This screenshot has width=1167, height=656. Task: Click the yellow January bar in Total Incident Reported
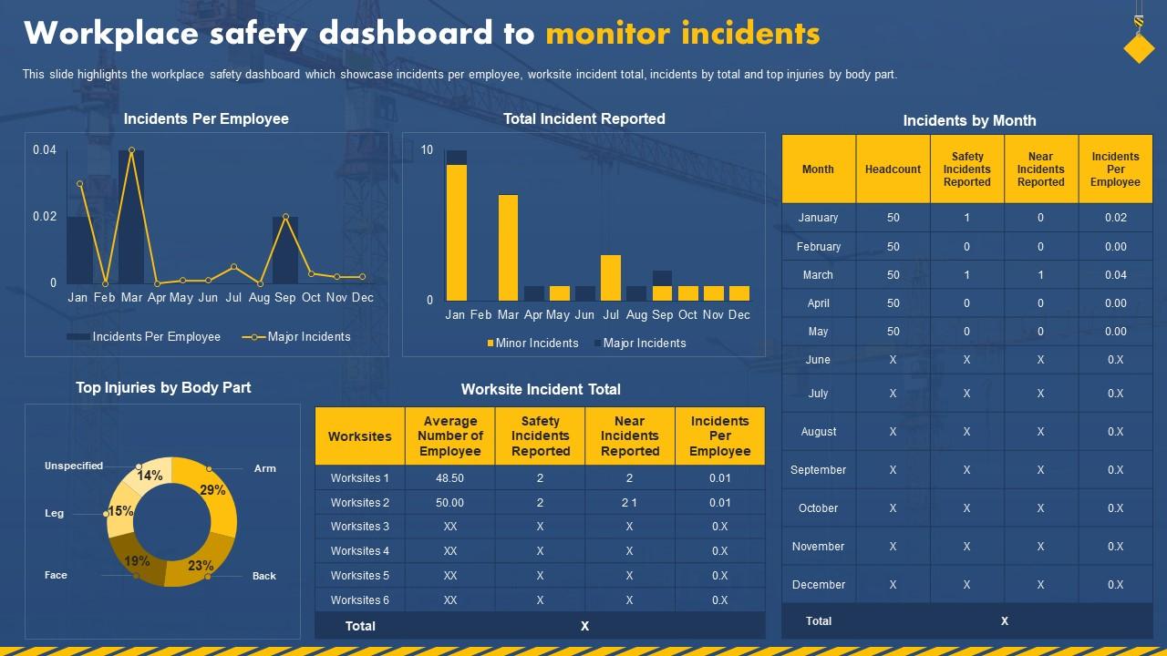click(456, 232)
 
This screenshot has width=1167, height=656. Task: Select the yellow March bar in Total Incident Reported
click(508, 248)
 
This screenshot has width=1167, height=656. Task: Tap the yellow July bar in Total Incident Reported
click(611, 278)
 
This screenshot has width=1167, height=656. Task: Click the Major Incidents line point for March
click(132, 150)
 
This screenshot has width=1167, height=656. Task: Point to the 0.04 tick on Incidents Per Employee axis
click(45, 149)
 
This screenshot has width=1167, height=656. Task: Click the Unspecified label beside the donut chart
click(74, 466)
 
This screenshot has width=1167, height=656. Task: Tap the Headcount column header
click(893, 169)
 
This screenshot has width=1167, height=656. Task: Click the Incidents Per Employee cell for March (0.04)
click(1115, 275)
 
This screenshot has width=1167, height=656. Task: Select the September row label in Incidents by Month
click(818, 470)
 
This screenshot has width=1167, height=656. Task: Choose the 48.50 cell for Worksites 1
click(450, 478)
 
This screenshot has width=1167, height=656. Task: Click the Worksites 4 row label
click(360, 551)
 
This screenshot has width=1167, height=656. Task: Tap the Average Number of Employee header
click(450, 436)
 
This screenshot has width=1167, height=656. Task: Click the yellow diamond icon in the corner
click(1139, 49)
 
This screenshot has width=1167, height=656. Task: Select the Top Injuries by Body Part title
click(163, 387)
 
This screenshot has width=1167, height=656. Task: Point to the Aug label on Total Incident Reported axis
click(636, 315)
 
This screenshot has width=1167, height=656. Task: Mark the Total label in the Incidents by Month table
click(819, 621)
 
